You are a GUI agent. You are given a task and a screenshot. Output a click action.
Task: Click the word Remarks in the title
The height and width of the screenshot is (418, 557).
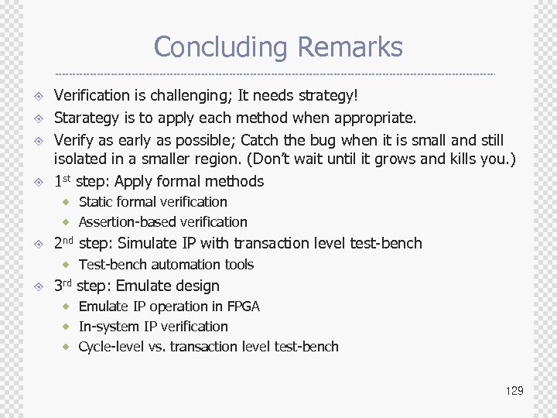tap(350, 47)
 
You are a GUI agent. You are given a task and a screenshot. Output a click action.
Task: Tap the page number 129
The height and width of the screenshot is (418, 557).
tap(514, 391)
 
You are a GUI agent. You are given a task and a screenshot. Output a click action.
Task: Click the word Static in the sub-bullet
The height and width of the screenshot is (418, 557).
tap(96, 202)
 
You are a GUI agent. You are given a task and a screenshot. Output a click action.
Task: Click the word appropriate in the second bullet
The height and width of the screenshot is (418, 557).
tap(377, 118)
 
